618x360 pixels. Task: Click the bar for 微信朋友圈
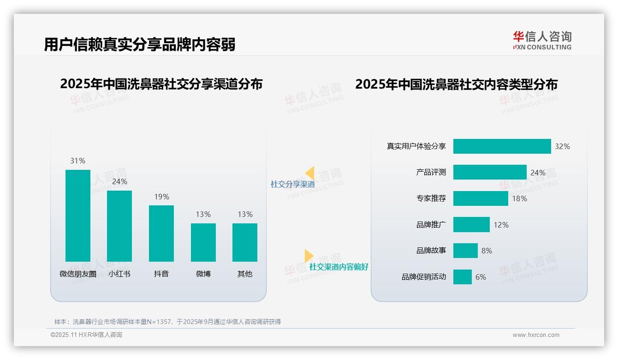78,216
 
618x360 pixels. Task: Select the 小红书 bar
119,226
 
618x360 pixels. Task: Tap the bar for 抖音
161,234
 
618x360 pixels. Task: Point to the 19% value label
161,197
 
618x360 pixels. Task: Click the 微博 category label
203,274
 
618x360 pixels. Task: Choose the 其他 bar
245,242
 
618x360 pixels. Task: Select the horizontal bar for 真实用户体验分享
502,146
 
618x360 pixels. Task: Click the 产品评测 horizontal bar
490,172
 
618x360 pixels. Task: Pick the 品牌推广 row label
431,225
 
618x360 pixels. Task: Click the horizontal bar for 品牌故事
465,251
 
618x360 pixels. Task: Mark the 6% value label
481,277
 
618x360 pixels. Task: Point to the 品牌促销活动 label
424,277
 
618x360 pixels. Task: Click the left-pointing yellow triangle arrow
309,173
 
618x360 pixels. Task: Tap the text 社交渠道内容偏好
339,267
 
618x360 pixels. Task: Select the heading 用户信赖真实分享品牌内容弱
140,44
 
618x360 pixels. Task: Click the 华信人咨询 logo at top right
542,40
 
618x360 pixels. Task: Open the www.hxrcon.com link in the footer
536,335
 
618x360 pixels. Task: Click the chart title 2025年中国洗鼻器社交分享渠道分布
161,84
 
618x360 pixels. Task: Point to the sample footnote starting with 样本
167,322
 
